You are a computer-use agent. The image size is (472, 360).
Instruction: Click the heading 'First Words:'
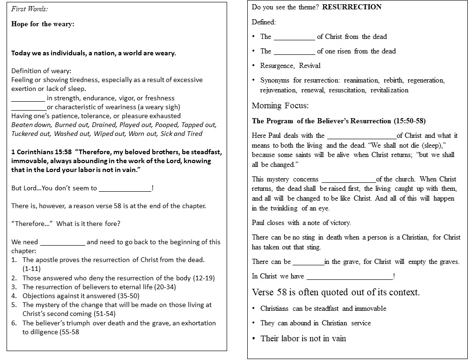[x=29, y=9]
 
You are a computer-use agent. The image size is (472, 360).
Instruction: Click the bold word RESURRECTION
[x=352, y=7]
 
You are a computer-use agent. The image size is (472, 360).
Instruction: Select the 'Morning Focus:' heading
[x=280, y=105]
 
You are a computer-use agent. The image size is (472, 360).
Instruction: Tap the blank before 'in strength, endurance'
[x=28, y=98]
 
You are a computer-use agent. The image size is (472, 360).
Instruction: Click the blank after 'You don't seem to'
[x=125, y=188]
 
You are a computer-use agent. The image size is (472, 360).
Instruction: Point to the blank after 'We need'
[x=63, y=242]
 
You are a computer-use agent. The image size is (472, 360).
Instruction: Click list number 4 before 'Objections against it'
[x=14, y=296]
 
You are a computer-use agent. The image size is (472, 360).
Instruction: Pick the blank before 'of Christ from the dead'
[x=294, y=37]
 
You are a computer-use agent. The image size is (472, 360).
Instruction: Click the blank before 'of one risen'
[x=294, y=52]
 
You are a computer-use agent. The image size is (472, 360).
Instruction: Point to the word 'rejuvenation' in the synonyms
[x=278, y=90]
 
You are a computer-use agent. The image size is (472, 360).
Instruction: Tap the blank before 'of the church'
[x=348, y=180]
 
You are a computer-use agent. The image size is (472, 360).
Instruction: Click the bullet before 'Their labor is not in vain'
[x=254, y=338]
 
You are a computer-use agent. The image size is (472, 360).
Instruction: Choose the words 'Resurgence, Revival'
[x=290, y=66]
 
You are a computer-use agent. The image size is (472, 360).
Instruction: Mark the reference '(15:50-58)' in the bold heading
[x=410, y=121]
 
